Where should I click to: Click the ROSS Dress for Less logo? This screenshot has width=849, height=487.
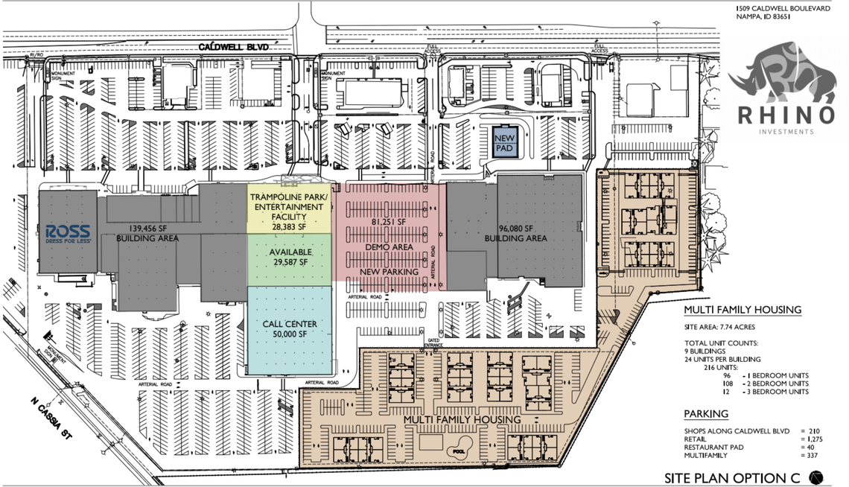[x=68, y=232]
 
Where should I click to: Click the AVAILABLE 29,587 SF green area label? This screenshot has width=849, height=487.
[x=290, y=257]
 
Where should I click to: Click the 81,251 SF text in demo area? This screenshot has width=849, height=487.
[x=388, y=222]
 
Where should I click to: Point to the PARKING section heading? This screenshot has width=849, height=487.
[x=706, y=414]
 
